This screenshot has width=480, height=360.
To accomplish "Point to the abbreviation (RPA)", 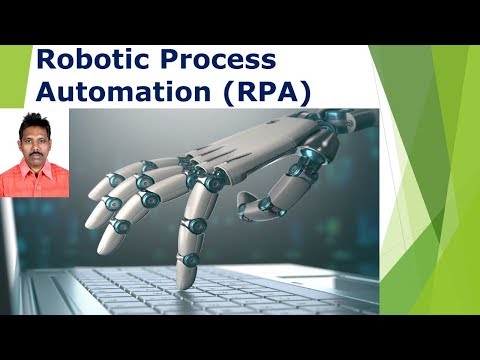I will [262, 92].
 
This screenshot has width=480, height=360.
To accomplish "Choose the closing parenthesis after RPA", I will [306, 93].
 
